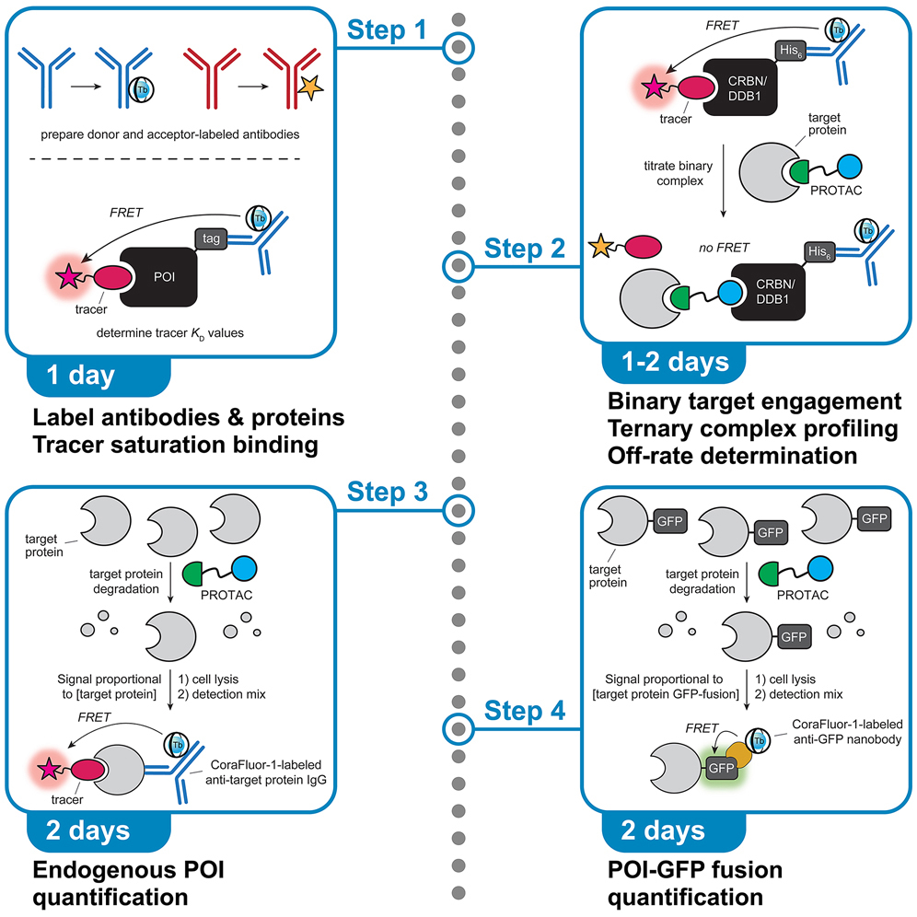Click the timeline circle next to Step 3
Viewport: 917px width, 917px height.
(x=458, y=509)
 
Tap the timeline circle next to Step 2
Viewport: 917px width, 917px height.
(x=458, y=267)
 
